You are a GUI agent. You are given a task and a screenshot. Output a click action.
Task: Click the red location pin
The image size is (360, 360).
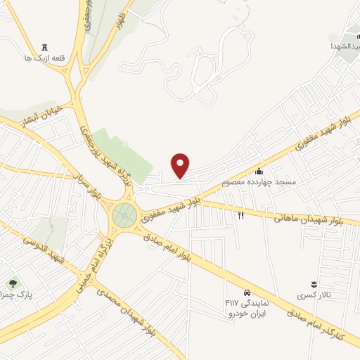coord(181,165)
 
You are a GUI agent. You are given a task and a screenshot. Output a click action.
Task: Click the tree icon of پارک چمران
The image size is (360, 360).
coord(13,283)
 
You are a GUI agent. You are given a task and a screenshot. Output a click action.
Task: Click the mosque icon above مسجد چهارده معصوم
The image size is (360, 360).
coord(259,171)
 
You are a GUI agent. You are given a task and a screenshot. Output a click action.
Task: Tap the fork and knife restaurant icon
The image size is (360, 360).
coord(240,215)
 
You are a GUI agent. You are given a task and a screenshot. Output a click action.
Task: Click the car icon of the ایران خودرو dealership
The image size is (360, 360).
coord(247,292)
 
